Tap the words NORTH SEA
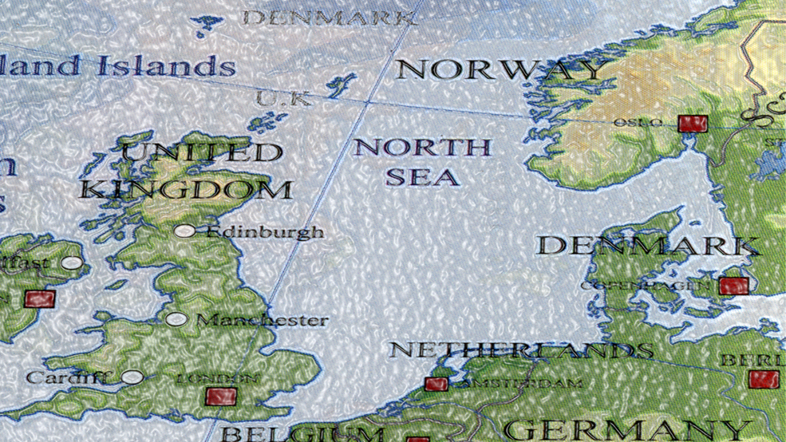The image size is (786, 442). point(422,162)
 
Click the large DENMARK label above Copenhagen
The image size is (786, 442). point(646,245)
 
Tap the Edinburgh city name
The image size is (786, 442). point(265,232)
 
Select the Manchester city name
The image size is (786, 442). point(262,321)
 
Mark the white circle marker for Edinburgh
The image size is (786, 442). point(185,231)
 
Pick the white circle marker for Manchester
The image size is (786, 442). point(176,320)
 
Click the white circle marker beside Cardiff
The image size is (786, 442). point(132,377)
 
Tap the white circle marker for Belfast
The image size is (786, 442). point(72,262)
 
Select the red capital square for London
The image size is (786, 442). point(221,396)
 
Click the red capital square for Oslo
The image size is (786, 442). point(693,124)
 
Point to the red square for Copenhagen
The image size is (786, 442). point(734,286)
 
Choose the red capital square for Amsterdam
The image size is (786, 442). point(436,385)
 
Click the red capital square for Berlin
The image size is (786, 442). point(764,379)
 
